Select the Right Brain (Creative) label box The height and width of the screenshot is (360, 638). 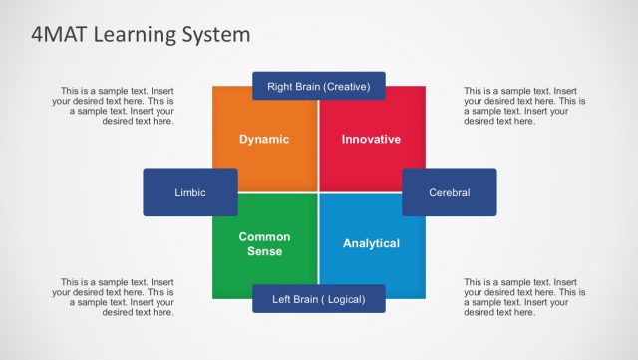[x=319, y=87]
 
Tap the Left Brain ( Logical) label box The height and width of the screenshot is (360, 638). [x=319, y=299]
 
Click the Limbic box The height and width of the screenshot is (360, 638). [x=190, y=192]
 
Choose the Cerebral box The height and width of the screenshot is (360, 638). [x=449, y=192]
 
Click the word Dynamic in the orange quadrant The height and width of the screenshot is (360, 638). [x=264, y=139]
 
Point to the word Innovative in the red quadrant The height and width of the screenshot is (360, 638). [x=371, y=139]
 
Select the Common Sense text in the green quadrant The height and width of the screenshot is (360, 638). [x=264, y=244]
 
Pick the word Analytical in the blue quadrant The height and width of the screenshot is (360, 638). [x=371, y=243]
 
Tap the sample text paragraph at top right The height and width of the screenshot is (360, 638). [x=524, y=106]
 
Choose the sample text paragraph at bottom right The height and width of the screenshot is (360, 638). [x=524, y=297]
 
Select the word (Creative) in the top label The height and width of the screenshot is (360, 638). [x=346, y=87]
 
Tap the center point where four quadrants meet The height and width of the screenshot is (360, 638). [x=319, y=191]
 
